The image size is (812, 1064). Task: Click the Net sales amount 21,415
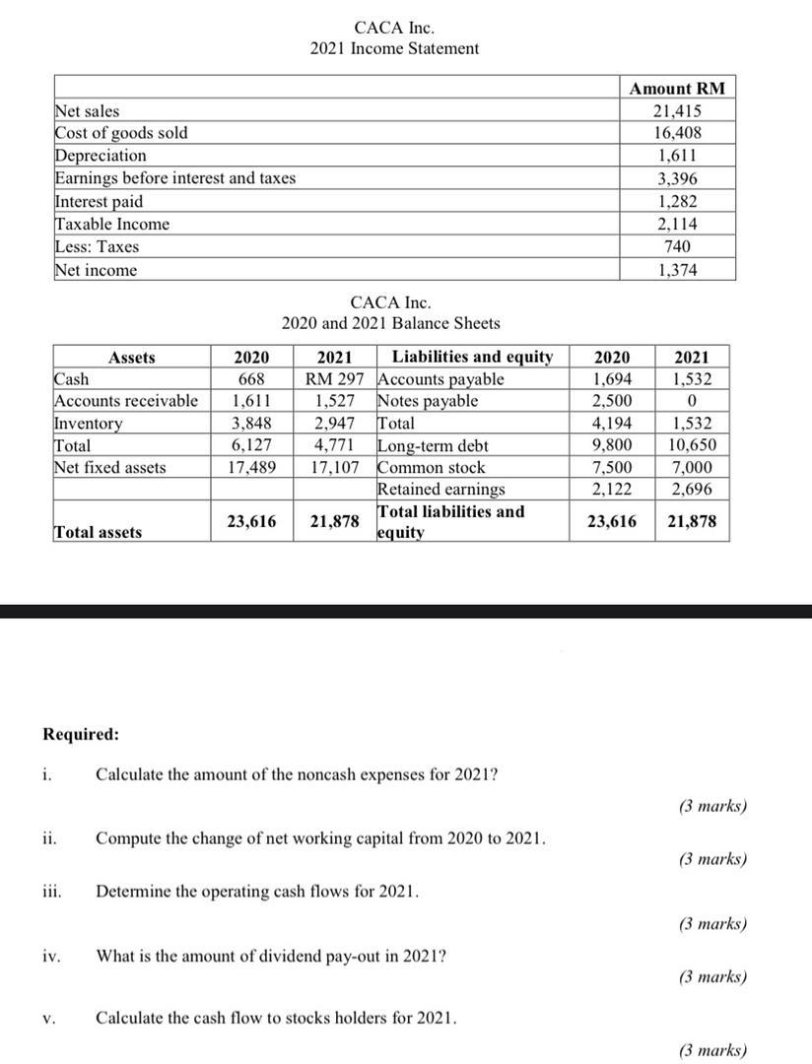(x=677, y=111)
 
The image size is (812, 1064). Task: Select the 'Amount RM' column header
(x=677, y=89)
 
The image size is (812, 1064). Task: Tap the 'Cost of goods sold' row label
(x=121, y=133)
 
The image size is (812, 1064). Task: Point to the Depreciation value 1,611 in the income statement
(x=677, y=156)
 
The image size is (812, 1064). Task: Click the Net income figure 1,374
(x=677, y=270)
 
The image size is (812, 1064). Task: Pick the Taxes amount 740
(x=677, y=246)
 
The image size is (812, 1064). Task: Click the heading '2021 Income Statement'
(x=394, y=48)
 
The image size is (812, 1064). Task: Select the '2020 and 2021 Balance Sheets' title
(x=390, y=323)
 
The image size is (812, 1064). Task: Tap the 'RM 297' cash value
(x=335, y=379)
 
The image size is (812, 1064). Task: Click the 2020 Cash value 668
(x=253, y=379)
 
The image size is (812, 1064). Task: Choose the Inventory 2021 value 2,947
(x=335, y=424)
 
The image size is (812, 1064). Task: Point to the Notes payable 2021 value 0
(x=692, y=401)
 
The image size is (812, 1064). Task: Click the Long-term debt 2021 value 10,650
(x=692, y=445)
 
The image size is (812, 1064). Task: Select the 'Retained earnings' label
(x=440, y=489)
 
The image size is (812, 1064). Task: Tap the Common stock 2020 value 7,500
(x=613, y=467)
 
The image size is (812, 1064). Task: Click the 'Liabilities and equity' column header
(x=472, y=357)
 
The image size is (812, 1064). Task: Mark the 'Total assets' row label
(x=97, y=532)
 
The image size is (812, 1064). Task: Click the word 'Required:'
(x=81, y=734)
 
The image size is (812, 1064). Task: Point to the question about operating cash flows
(x=257, y=892)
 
